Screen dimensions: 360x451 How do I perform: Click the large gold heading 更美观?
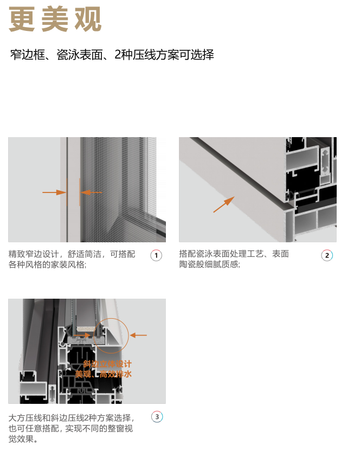55,20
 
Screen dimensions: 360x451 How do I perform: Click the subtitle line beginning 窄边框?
112,55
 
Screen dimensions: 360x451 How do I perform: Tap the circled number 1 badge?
156,255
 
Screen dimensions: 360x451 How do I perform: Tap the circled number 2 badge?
327,255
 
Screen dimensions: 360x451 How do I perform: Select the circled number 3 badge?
157,417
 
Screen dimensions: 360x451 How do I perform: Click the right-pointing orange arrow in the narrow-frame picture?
54,192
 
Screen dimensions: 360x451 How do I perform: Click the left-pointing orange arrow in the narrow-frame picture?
91,192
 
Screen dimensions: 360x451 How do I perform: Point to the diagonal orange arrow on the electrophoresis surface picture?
224,204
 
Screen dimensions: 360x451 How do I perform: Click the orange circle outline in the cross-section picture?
111,318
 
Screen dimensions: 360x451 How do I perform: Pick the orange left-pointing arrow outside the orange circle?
138,335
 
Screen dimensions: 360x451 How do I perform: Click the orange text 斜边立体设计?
107,364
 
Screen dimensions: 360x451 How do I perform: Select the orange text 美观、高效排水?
104,374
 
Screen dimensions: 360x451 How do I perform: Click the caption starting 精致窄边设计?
72,259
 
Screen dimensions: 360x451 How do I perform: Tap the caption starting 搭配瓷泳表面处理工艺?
234,259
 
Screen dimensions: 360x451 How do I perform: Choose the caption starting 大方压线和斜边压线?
72,428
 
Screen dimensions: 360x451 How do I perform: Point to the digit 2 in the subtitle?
118,55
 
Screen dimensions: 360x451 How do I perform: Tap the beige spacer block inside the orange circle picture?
86,328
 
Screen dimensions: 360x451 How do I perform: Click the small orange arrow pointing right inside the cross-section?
82,335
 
